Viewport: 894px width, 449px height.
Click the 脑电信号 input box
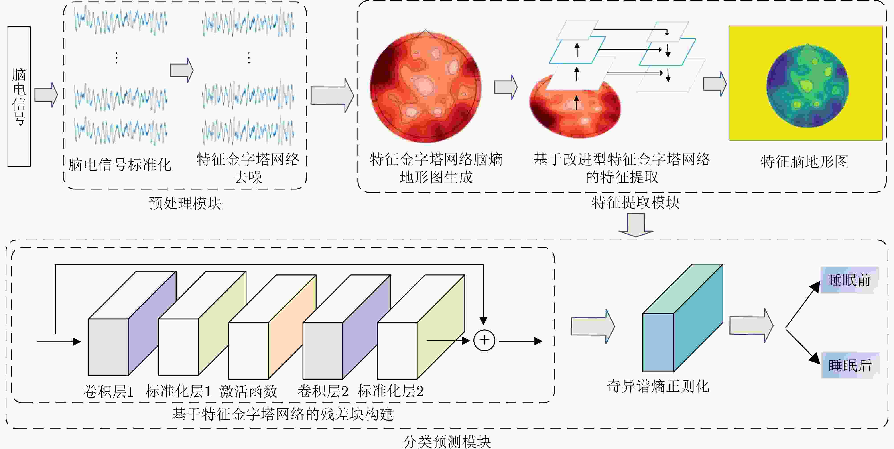tap(19, 96)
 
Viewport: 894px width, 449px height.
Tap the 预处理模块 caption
tap(185, 203)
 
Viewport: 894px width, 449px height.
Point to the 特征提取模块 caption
tap(636, 202)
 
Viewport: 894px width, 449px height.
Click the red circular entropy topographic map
tap(425, 87)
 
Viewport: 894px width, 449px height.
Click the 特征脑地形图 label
tap(805, 162)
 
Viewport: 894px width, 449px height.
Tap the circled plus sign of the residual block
tap(484, 340)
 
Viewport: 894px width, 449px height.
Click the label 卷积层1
tap(108, 391)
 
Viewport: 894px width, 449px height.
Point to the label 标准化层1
tap(178, 391)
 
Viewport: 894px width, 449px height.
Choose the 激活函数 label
tap(248, 391)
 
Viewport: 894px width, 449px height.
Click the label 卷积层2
tap(323, 391)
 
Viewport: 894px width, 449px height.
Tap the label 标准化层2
tap(390, 391)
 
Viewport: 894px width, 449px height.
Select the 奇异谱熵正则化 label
tap(658, 386)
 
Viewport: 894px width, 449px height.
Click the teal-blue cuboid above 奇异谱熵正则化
tap(683, 318)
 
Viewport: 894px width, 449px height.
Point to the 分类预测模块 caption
tap(447, 442)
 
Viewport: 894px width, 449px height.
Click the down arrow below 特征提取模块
tap(636, 225)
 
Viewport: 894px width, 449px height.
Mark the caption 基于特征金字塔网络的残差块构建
tap(283, 414)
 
